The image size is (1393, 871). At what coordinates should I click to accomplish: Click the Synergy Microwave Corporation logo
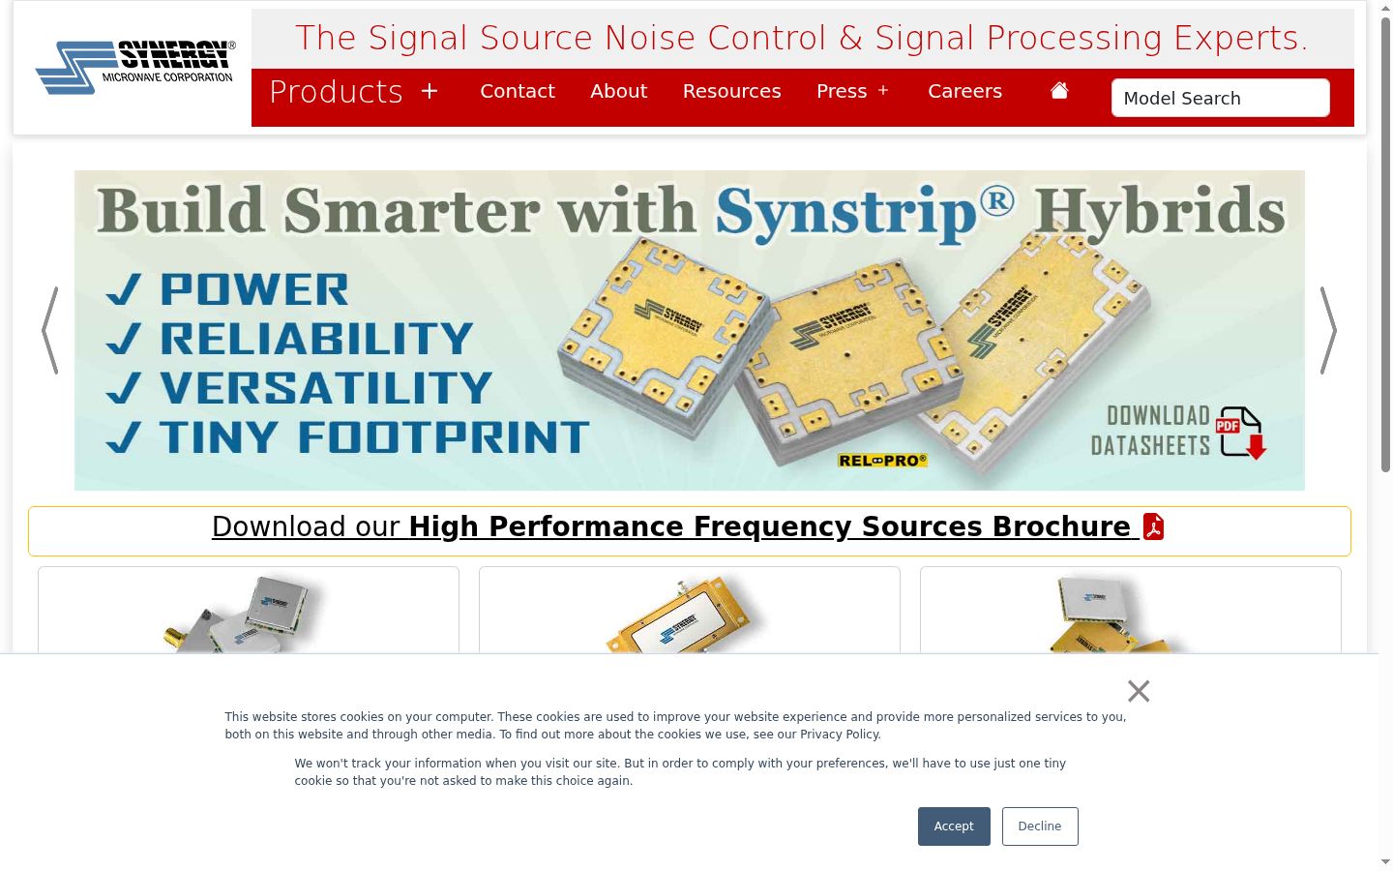tap(135, 67)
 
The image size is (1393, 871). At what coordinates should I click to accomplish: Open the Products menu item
tap(354, 92)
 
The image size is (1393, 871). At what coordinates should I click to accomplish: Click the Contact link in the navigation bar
tap(518, 91)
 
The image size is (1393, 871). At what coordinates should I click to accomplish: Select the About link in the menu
tap(619, 91)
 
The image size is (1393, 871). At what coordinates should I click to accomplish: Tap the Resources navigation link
tap(732, 91)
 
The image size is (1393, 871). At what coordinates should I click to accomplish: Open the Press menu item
tap(852, 91)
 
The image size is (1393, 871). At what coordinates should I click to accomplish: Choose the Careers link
tap(965, 91)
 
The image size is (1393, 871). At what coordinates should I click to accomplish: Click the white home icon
tap(1059, 90)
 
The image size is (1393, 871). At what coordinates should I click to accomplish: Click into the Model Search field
tap(1221, 98)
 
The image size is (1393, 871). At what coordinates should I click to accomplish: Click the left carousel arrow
tap(49, 330)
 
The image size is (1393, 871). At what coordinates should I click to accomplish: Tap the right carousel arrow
tap(1328, 330)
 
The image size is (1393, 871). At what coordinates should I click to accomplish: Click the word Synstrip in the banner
tap(845, 212)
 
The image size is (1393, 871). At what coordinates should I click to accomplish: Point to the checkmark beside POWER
tap(123, 289)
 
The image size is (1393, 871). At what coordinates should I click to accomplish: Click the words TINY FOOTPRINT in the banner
tap(374, 436)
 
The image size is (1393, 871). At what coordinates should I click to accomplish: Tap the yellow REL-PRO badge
tap(882, 461)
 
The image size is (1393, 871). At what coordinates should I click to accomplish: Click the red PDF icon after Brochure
tap(1153, 526)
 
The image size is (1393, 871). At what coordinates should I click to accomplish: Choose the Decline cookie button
tap(1040, 826)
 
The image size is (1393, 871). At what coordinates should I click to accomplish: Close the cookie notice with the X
tap(1139, 691)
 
